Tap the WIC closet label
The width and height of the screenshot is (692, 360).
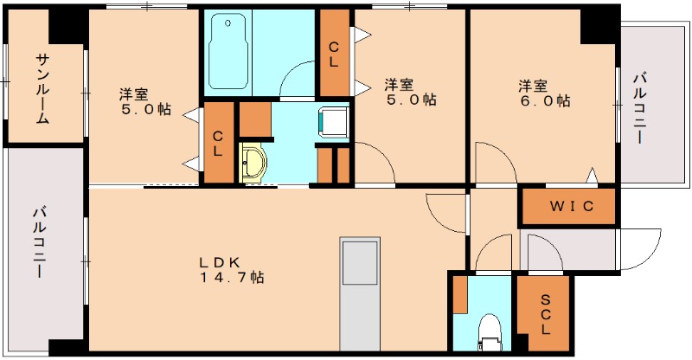[x=567, y=207]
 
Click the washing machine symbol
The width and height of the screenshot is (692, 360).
[x=334, y=121]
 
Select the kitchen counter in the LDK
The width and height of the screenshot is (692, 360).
[x=360, y=290]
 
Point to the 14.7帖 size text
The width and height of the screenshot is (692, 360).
[x=231, y=278]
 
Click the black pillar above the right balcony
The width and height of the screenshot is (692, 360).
[x=598, y=25]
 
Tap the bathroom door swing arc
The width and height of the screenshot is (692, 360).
[x=298, y=80]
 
